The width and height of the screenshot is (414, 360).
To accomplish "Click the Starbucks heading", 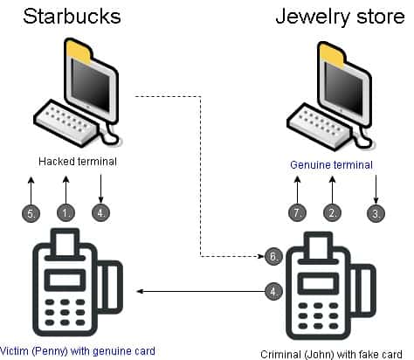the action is (x=72, y=17).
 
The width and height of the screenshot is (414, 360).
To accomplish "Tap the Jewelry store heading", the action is (x=340, y=17).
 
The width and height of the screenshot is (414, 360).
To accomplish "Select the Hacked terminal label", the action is (x=78, y=161).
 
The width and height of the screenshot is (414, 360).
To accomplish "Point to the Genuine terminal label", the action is (x=331, y=165).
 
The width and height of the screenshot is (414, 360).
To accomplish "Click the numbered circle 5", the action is (x=31, y=213).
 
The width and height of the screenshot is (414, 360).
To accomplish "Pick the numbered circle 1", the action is (x=66, y=213).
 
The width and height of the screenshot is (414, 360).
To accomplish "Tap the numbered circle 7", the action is (x=297, y=213).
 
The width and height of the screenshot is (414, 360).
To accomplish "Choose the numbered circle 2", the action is (x=332, y=213).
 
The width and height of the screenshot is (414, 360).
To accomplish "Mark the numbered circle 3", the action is (x=376, y=213).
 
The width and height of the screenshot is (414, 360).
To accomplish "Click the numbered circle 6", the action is (x=273, y=256).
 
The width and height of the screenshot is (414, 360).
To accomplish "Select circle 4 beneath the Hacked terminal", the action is (x=100, y=213).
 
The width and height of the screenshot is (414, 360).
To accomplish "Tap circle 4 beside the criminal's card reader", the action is (x=273, y=291).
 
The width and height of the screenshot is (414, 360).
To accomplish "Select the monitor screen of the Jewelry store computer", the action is (x=344, y=88).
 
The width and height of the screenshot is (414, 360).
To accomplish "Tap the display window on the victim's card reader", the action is (x=65, y=280).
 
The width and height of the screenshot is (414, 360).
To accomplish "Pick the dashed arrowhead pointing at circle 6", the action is (x=261, y=256).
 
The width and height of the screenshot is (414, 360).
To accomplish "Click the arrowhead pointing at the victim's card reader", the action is (x=140, y=291).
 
